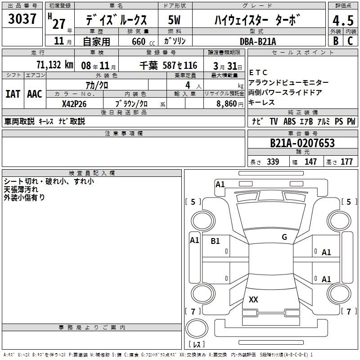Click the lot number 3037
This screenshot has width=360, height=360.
coord(22,18)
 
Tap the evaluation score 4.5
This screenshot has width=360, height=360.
coord(343,20)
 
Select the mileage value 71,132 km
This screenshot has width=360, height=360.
coord(55,65)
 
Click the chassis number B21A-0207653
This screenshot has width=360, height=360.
coord(302,143)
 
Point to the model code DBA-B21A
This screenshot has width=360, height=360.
coord(258,41)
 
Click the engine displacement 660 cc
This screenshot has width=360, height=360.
coord(143,42)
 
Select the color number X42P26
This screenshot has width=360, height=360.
coord(74,104)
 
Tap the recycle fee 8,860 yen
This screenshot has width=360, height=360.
coord(230,104)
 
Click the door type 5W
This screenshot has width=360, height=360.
coord(174,20)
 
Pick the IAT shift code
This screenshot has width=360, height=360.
coord(13,94)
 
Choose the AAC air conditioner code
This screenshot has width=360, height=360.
coord(35,94)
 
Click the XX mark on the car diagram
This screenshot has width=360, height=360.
coord(253,299)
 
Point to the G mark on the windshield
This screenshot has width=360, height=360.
coord(284,237)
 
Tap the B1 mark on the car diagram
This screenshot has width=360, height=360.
coord(215,241)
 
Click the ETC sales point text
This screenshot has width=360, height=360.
coord(258,72)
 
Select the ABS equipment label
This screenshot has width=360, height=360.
coord(289,121)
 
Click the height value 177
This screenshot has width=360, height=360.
coord(346,162)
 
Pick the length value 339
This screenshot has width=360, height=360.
coord(273,162)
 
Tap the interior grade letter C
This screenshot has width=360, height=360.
coord(351,41)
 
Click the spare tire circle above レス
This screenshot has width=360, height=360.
coord(197,329)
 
